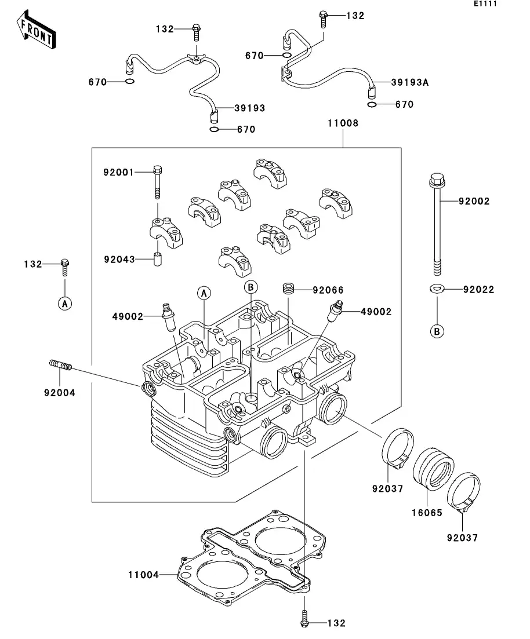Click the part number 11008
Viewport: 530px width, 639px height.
click(342, 123)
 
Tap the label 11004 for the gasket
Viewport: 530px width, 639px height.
click(143, 575)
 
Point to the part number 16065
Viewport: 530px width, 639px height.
click(427, 513)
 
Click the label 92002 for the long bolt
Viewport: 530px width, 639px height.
click(474, 202)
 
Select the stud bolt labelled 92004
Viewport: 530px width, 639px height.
click(59, 366)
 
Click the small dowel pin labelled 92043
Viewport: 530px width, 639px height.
click(157, 258)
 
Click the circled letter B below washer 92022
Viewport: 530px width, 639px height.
click(437, 331)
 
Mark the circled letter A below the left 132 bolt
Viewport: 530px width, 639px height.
click(65, 303)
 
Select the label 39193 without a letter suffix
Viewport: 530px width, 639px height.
click(250, 108)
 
